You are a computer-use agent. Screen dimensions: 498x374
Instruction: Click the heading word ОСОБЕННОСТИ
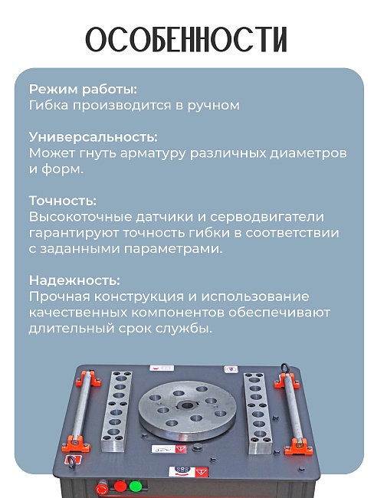point(186,40)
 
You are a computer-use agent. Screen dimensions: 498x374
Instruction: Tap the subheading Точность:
point(63,200)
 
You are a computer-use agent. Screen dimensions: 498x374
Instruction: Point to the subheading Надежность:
point(74,280)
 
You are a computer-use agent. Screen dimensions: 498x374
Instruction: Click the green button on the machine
point(136,485)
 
